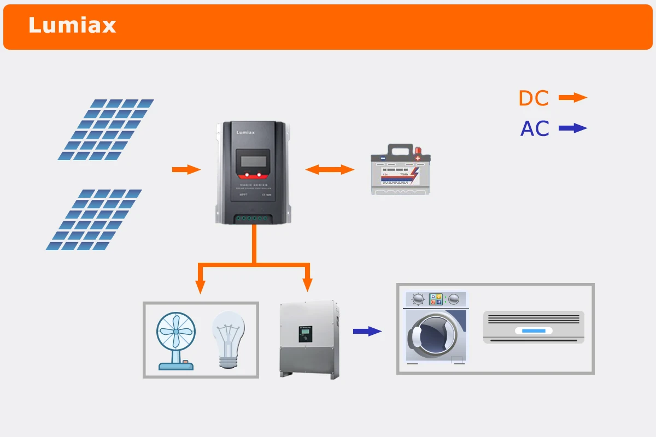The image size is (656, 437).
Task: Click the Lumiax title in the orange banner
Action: pyautogui.click(x=72, y=26)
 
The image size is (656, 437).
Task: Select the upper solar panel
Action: pyautogui.click(x=106, y=129)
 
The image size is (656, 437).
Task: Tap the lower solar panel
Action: pyautogui.click(x=93, y=220)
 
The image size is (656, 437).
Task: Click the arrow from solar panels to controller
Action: pyautogui.click(x=186, y=169)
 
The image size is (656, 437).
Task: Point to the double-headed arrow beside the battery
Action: pyautogui.click(x=330, y=169)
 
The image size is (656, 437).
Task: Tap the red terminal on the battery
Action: pyautogui.click(x=418, y=150)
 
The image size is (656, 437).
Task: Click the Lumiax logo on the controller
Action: pyautogui.click(x=245, y=132)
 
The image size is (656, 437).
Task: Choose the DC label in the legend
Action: pyautogui.click(x=533, y=98)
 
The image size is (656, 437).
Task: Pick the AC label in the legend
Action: pyautogui.click(x=534, y=129)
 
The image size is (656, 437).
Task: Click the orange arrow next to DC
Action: pyautogui.click(x=572, y=98)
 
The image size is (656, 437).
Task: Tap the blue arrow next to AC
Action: pyautogui.click(x=572, y=128)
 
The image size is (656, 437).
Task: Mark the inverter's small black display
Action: pyautogui.click(x=304, y=333)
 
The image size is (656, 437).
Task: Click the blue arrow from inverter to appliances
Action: pyautogui.click(x=367, y=331)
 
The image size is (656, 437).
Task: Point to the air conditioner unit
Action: pyautogui.click(x=534, y=327)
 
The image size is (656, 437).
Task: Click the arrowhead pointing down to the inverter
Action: pyautogui.click(x=307, y=285)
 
